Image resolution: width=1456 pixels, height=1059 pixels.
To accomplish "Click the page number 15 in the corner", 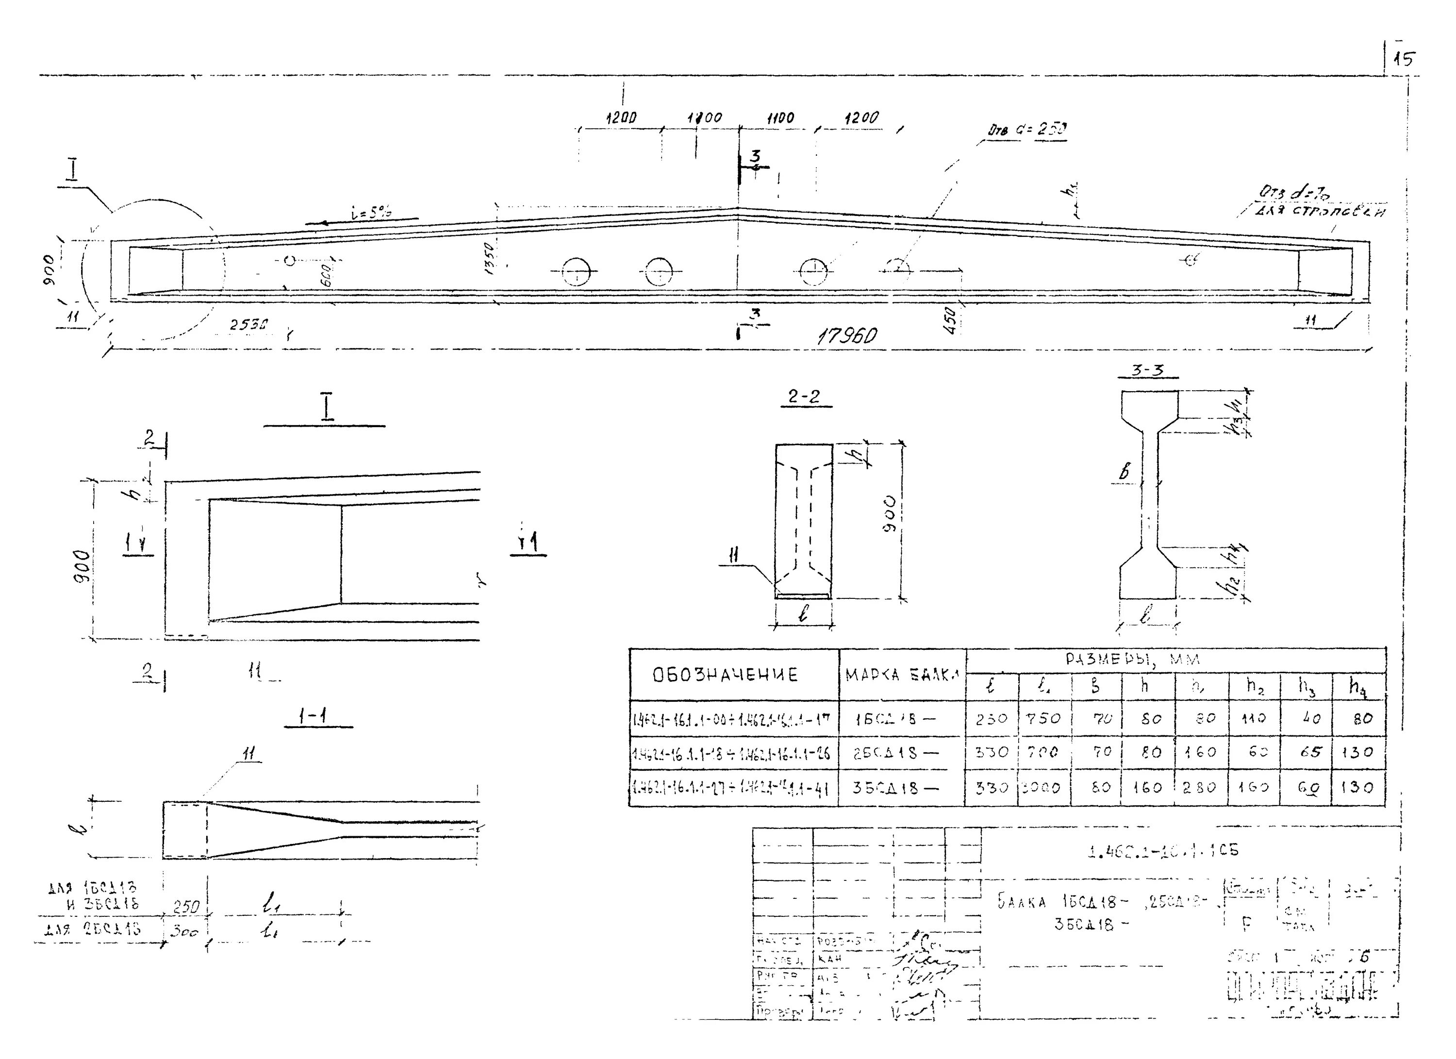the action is coord(1404,60).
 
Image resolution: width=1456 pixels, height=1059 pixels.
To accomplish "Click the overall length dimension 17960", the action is coord(847,336).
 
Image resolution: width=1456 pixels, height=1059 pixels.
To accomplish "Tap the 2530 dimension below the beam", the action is coord(249,325).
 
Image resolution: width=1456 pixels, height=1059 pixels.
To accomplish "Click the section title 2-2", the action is coord(804,397).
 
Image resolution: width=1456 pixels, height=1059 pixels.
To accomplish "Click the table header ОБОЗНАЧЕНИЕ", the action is coord(726,675).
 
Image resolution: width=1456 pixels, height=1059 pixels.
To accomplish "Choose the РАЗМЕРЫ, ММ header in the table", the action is coord(1134,659).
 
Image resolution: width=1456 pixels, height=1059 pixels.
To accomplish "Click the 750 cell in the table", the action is coord(1044,719).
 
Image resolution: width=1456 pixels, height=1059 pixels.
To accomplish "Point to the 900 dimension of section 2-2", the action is coord(890,513).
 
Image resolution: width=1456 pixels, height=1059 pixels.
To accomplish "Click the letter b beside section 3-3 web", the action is coord(1124,472).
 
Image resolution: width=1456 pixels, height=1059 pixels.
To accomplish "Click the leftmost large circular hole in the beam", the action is coord(576,272).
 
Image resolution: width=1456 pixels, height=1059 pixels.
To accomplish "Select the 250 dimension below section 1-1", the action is coord(186,907).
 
